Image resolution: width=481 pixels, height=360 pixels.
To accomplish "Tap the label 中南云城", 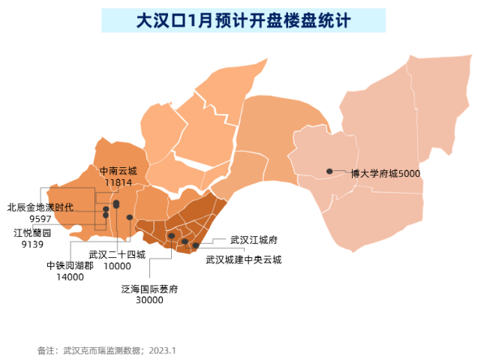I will click(x=119, y=171).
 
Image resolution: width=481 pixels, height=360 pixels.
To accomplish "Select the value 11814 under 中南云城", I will click(x=119, y=182).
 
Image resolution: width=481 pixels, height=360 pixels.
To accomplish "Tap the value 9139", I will click(x=33, y=244).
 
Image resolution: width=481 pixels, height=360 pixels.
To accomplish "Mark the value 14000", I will click(x=70, y=277).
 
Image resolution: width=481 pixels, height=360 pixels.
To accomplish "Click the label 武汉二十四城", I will click(x=117, y=254).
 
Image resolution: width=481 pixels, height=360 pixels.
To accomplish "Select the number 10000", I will click(x=117, y=266).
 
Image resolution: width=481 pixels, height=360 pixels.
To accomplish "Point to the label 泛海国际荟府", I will click(x=149, y=289).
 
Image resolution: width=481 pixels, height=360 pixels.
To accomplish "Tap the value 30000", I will click(x=149, y=300).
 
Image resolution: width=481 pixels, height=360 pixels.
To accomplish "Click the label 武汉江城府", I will click(x=254, y=241).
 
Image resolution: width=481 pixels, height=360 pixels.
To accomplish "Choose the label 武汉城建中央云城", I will click(x=244, y=260).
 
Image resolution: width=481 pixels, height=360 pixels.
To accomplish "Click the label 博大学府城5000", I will click(x=386, y=173).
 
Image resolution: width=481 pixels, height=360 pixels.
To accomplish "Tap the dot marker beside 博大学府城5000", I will click(x=329, y=172).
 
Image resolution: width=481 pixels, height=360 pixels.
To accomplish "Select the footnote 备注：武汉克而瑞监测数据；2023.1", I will click(x=106, y=350).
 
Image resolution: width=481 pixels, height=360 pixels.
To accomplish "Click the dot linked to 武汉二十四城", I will click(x=130, y=217).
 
